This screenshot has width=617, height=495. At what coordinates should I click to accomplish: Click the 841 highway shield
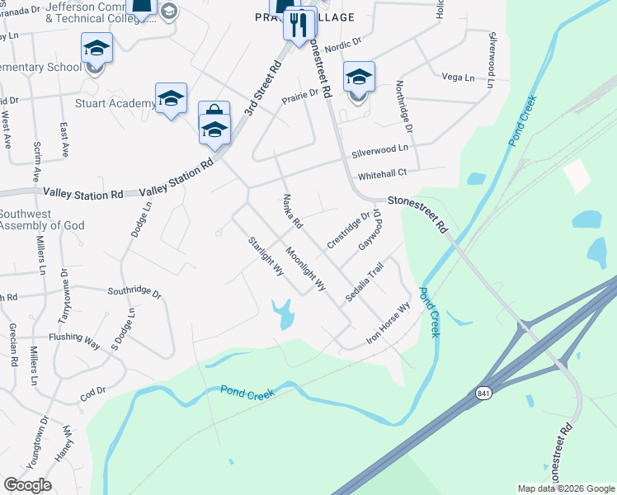pos(483,394)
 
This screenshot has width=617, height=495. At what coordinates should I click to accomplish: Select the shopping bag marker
pos(214,113)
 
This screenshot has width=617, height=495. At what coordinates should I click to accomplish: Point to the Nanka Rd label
pos(293,213)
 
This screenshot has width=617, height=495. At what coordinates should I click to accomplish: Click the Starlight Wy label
pos(266,257)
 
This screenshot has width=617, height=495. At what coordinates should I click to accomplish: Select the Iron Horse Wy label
pos(389,325)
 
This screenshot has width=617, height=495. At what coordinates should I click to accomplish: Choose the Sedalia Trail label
pos(365,281)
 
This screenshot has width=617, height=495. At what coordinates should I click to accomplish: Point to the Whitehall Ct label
pos(383,175)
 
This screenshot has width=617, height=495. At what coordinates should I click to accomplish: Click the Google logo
pos(27,485)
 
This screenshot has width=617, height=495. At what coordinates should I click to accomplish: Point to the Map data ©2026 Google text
pos(565,488)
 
